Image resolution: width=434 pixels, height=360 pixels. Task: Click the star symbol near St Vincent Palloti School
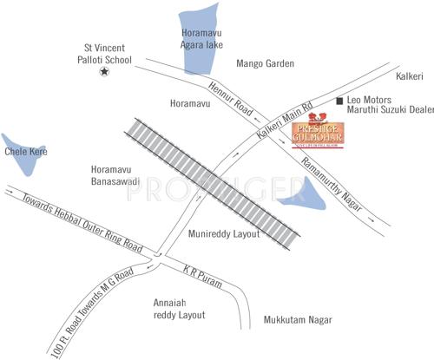104,71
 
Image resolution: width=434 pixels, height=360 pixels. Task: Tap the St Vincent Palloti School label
102,52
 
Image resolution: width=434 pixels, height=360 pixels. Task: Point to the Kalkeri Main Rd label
286,125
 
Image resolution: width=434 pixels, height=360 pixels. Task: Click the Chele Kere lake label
26,152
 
